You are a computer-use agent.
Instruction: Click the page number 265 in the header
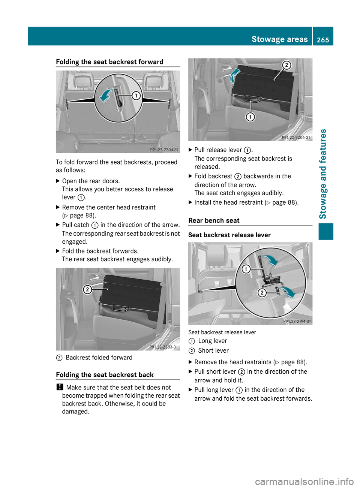pyautogui.click(x=322, y=40)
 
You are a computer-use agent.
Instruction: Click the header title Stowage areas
pyautogui.click(x=279, y=39)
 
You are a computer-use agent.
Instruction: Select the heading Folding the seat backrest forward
pyautogui.click(x=109, y=62)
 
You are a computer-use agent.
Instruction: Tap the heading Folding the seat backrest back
pyautogui.click(x=105, y=375)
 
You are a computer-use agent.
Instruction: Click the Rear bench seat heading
pyautogui.click(x=214, y=220)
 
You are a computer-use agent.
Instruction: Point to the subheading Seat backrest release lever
pyautogui.click(x=229, y=235)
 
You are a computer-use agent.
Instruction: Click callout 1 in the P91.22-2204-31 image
pyautogui.click(x=136, y=96)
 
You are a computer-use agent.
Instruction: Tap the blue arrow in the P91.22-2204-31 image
pyautogui.click(x=106, y=96)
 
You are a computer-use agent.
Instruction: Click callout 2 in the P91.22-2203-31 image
pyautogui.click(x=87, y=289)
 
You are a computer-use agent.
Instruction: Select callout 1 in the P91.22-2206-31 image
pyautogui.click(x=250, y=117)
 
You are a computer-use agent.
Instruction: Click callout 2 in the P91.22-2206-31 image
pyautogui.click(x=286, y=65)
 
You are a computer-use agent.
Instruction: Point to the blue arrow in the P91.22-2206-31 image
pyautogui.click(x=234, y=76)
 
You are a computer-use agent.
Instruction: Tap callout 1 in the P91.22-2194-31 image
pyautogui.click(x=246, y=269)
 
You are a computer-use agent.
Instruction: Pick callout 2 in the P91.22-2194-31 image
pyautogui.click(x=262, y=293)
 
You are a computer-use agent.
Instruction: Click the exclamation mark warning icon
pyautogui.click(x=59, y=387)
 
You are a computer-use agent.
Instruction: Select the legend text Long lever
pyautogui.click(x=212, y=341)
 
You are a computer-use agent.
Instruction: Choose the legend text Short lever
pyautogui.click(x=213, y=350)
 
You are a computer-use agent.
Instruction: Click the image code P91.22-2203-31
pyautogui.click(x=163, y=347)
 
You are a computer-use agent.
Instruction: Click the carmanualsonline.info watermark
pyautogui.click(x=304, y=481)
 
